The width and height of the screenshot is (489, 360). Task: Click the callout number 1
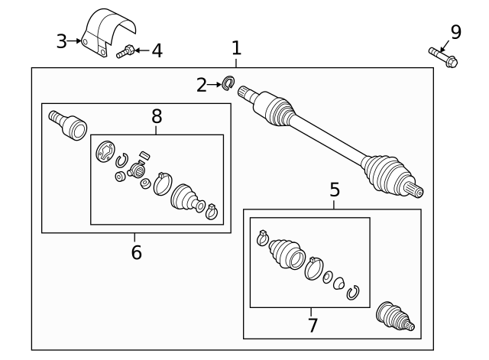coord(236,48)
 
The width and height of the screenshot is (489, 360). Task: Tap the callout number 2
coord(202,85)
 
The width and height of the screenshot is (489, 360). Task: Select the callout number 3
coord(61,41)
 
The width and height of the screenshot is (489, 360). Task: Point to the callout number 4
coord(157,50)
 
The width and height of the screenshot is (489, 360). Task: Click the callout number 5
coord(335,190)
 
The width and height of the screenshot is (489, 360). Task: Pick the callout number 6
coord(137,252)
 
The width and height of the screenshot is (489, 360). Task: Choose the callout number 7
coord(313,325)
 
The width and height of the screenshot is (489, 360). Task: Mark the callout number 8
coord(157,116)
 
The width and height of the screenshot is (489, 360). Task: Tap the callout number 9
coord(455,32)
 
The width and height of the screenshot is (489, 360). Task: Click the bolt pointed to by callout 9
coord(443,57)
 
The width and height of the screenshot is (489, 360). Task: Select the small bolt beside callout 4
coord(125,52)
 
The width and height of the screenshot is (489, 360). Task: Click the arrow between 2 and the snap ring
coord(214,85)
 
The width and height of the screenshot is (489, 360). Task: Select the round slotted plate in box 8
coord(104,151)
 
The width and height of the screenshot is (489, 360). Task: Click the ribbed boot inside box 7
coord(287,254)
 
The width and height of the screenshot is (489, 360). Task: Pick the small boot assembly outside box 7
coord(395,316)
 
